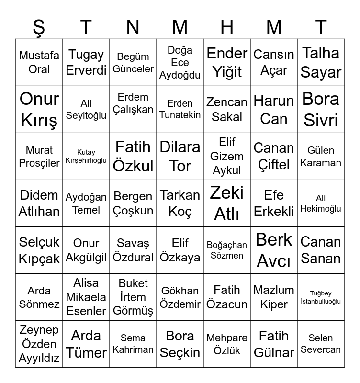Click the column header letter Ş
click(x=39, y=27)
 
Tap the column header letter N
click(x=133, y=27)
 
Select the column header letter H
click(x=227, y=27)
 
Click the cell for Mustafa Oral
click(x=39, y=62)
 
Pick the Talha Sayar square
click(x=321, y=62)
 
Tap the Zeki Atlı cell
click(x=227, y=203)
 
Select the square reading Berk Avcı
click(x=274, y=250)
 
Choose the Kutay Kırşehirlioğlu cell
click(x=86, y=156)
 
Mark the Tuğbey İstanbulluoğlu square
click(x=321, y=297)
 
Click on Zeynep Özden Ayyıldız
click(x=39, y=344)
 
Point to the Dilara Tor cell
click(x=180, y=156)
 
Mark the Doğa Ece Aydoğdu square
click(x=180, y=62)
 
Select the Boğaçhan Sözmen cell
click(x=227, y=250)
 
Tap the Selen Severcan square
click(x=321, y=344)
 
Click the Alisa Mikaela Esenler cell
click(x=86, y=297)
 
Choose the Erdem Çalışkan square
click(x=133, y=109)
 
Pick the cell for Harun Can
click(x=274, y=109)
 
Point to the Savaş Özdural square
click(x=133, y=250)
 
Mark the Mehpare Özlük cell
click(x=227, y=344)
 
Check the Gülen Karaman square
click(x=321, y=156)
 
